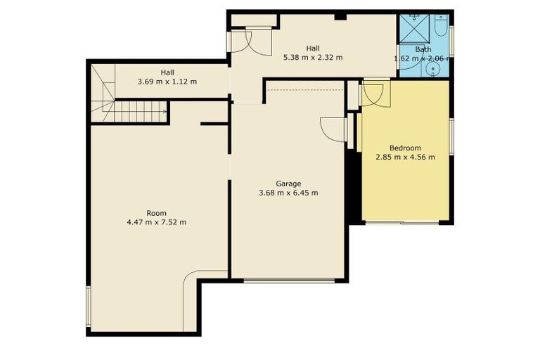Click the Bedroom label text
[x=405, y=148]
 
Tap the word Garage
[x=288, y=183]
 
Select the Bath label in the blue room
[x=423, y=49]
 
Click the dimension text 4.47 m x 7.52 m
[x=156, y=222]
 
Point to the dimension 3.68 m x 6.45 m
[x=288, y=193]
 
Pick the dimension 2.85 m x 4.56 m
[x=405, y=157]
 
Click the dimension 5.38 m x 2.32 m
[x=312, y=58]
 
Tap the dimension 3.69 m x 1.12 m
[x=167, y=82]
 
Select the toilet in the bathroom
[x=440, y=27]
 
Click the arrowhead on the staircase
[x=165, y=110]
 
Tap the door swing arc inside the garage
[x=330, y=129]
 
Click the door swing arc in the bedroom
[x=373, y=96]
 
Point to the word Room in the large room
[x=156, y=213]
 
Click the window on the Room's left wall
[x=88, y=307]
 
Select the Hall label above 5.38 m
[x=312, y=48]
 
